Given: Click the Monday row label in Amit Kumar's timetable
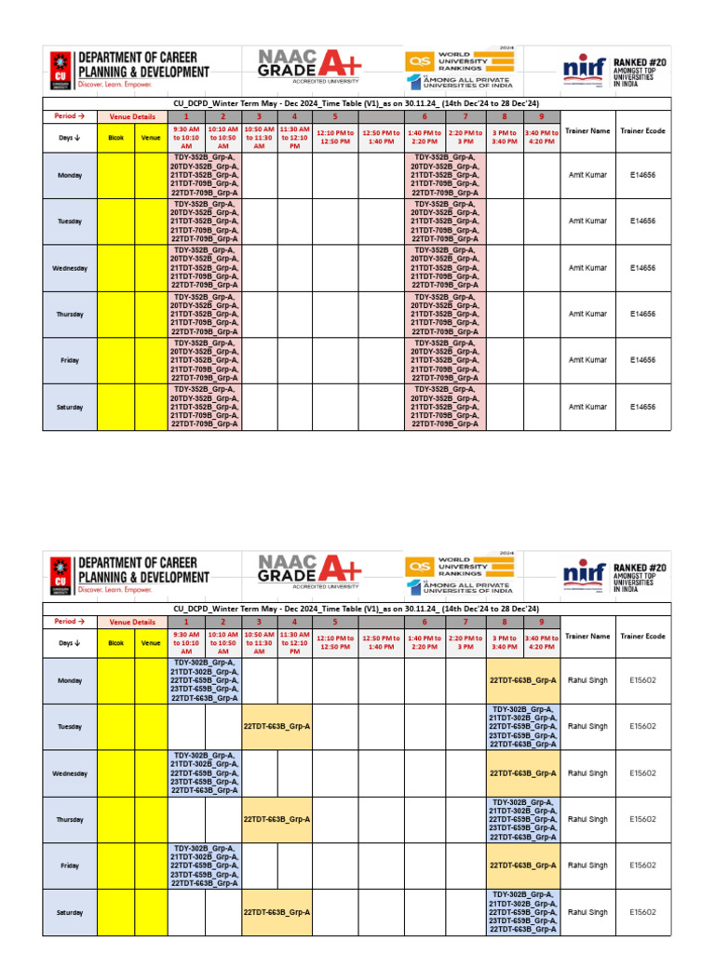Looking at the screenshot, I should point(71,175).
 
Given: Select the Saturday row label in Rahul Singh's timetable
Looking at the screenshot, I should point(71,912).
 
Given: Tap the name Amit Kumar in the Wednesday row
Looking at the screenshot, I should point(587,268).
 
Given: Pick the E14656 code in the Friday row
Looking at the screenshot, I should point(643,360).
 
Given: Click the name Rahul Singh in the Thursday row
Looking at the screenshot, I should point(587,820).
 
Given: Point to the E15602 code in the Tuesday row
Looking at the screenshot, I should point(643,727).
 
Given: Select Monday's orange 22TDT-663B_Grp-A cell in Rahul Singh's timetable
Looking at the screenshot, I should point(522,680).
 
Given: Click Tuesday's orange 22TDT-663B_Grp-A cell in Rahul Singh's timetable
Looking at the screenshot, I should point(277,727).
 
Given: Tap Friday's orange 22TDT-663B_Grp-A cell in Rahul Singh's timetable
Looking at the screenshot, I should point(522,866).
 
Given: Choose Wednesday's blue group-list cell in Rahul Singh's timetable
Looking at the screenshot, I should point(204,773).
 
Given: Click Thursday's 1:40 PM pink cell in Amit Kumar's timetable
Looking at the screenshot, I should point(446,315).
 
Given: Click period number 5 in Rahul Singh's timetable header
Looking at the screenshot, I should point(334,622).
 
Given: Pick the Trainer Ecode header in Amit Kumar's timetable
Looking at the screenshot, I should point(643,131).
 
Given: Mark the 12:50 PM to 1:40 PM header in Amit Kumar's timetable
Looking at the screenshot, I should point(381,137).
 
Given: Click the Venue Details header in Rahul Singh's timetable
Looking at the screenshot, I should point(132,622).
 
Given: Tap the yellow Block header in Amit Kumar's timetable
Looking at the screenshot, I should point(116,137).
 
